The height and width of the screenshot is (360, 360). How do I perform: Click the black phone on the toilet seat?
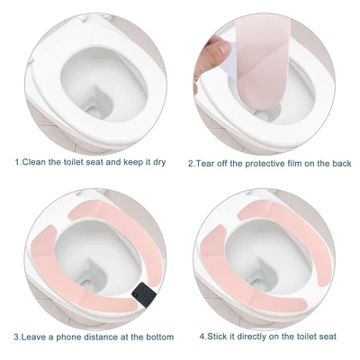(143, 295)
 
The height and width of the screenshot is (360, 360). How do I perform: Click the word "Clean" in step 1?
(34, 162)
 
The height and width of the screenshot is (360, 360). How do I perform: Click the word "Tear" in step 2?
(206, 164)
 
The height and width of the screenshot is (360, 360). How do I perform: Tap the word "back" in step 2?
(341, 164)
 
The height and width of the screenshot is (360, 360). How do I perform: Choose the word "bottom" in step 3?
(159, 337)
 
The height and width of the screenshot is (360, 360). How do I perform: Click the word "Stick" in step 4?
(217, 337)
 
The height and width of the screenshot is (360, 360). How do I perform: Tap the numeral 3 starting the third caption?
(16, 337)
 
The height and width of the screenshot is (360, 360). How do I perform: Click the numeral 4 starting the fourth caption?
(202, 337)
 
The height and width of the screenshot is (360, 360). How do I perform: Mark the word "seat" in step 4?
(328, 337)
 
